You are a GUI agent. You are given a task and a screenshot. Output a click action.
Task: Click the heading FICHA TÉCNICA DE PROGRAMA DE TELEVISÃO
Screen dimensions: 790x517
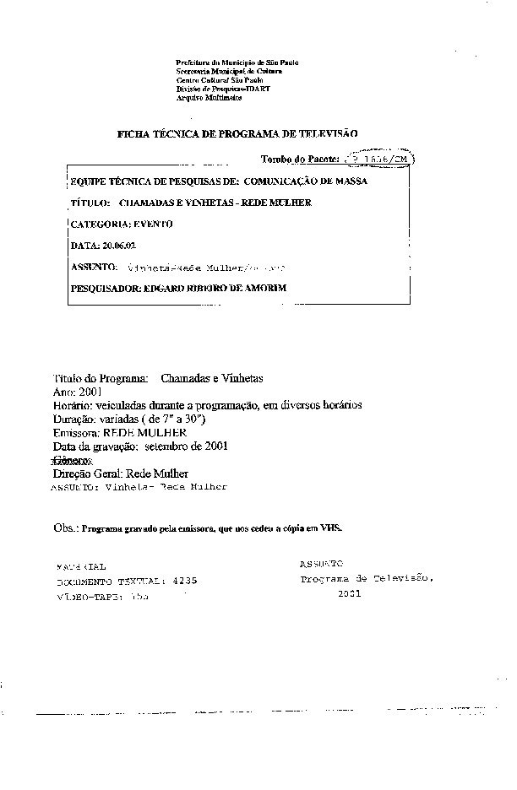click(x=237, y=133)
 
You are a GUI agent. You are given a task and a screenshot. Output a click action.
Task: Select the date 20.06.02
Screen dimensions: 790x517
click(x=118, y=245)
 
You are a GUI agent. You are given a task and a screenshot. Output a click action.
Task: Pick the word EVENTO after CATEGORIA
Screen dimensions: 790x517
click(x=153, y=224)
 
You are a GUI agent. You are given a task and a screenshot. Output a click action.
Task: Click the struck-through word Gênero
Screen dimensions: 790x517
click(x=72, y=461)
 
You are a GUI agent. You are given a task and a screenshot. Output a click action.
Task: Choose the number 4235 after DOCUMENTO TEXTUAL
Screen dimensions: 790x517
click(x=184, y=582)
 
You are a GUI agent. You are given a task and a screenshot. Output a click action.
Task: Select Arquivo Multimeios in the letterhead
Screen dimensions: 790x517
click(x=209, y=98)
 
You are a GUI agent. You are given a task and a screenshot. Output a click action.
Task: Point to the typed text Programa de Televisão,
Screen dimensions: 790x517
click(x=367, y=580)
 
